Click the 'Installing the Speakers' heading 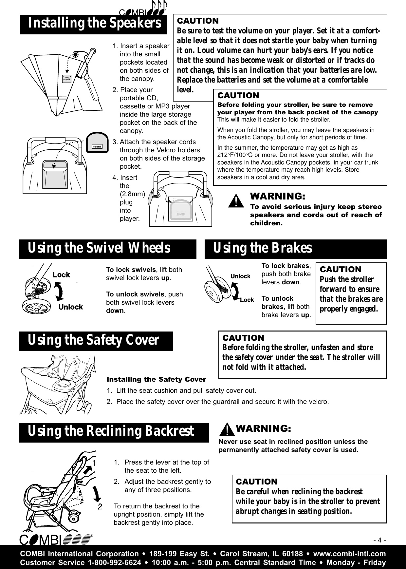coord(95,24)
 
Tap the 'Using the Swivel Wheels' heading coord(99,248)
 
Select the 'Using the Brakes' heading coord(262,249)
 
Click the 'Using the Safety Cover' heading coord(93,340)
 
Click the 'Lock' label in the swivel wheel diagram coord(61,275)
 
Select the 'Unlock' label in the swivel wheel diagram coord(70,307)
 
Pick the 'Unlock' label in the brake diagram coord(241,276)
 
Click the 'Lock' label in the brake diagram coord(247,300)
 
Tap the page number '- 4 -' coord(380,540)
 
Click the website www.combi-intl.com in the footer coord(349,554)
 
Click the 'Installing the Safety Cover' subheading coord(156,379)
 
